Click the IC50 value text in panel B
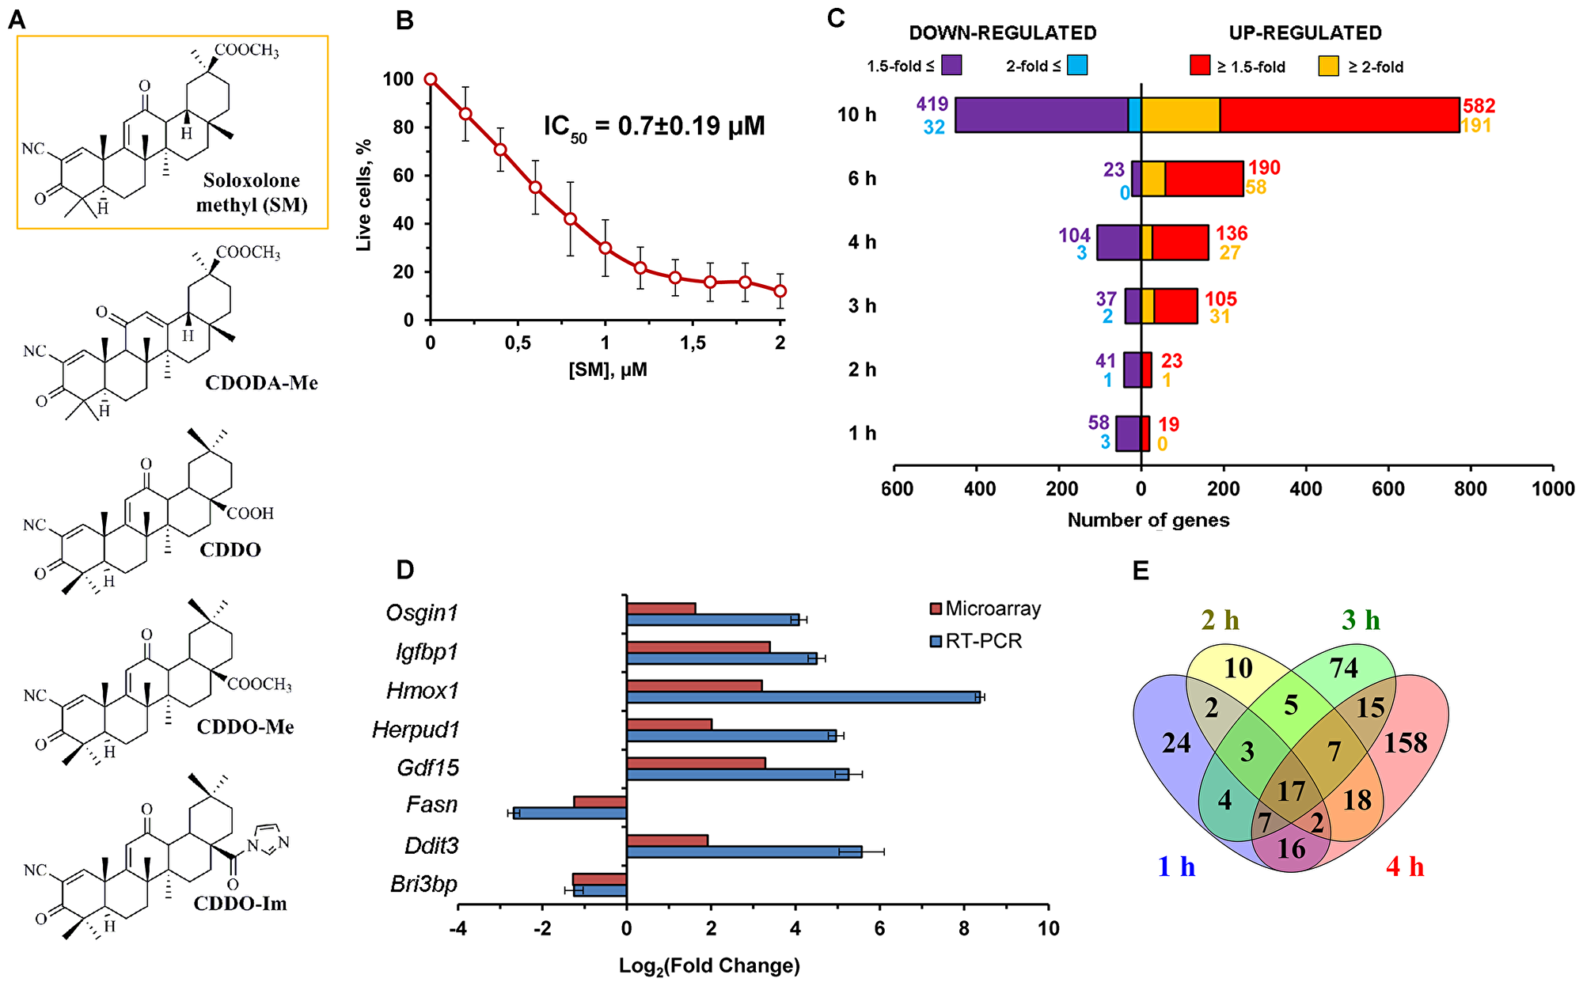tap(654, 127)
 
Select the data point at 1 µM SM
tap(605, 248)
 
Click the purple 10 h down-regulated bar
tap(1041, 115)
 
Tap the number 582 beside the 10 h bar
tap(1479, 106)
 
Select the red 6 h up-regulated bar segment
tap(1203, 178)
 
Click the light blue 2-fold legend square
tap(1076, 66)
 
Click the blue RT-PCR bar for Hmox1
tap(803, 697)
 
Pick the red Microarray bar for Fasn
tap(600, 802)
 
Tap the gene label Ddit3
tap(431, 845)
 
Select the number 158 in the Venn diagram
tap(1406, 742)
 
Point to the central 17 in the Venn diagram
tap(1291, 791)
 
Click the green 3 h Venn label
tap(1361, 620)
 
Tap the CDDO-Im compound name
tap(240, 903)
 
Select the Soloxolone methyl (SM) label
tap(251, 192)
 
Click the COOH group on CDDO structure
tap(250, 514)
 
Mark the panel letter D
tap(404, 570)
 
